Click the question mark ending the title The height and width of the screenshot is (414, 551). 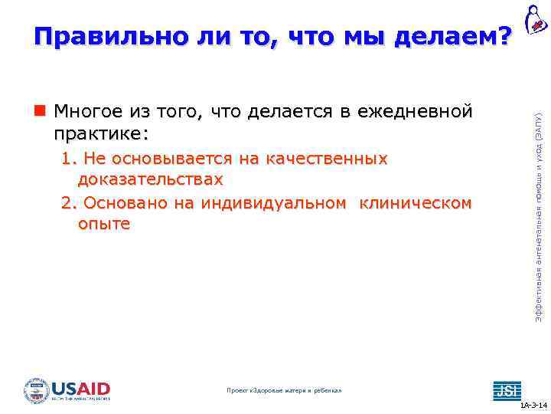coord(504,35)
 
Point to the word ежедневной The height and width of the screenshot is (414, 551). coord(421,112)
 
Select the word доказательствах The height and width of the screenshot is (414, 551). coord(150,179)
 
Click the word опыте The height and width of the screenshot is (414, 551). coord(103,224)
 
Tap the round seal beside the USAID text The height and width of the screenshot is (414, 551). coord(36,389)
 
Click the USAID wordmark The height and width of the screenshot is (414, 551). coord(80,387)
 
